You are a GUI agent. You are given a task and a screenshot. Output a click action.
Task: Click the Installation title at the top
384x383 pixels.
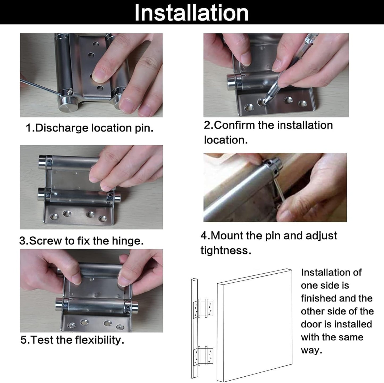point(191,13)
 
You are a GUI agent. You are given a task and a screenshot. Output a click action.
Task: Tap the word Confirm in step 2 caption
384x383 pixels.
point(234,125)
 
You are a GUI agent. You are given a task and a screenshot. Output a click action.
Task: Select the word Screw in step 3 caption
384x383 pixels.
point(45,241)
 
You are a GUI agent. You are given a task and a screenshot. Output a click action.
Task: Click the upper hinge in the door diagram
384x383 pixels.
point(203,308)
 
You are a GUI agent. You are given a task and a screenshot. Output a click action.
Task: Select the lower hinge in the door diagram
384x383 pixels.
point(203,356)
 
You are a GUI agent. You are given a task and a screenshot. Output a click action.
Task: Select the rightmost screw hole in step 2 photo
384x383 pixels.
point(302,103)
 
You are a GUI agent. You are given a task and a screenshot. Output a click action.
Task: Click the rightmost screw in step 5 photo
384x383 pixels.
point(120,327)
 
